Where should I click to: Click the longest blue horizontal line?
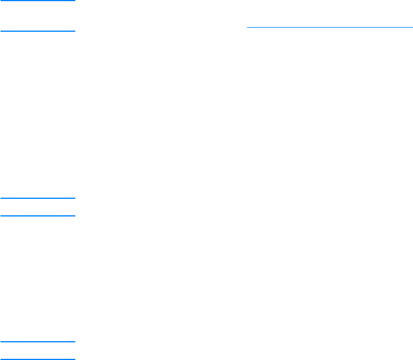tap(329, 27)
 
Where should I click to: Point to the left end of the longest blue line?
tap(248, 27)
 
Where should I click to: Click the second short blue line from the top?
tap(38, 31)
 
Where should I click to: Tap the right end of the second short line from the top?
tap(75, 31)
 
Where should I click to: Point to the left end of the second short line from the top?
tap(1, 31)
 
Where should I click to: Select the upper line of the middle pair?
tap(38, 198)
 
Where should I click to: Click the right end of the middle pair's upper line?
tap(75, 198)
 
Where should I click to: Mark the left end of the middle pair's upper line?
tap(1, 198)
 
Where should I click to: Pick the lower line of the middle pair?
tap(38, 216)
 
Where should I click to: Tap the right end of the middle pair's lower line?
tap(75, 216)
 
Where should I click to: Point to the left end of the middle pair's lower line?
tap(1, 216)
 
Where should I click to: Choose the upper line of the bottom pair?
tap(38, 341)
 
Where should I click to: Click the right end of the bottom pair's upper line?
tap(75, 341)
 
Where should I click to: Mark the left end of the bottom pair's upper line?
tap(1, 341)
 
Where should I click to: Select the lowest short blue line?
tap(38, 359)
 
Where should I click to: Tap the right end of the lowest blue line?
tap(75, 359)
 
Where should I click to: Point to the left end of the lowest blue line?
tap(1, 359)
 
